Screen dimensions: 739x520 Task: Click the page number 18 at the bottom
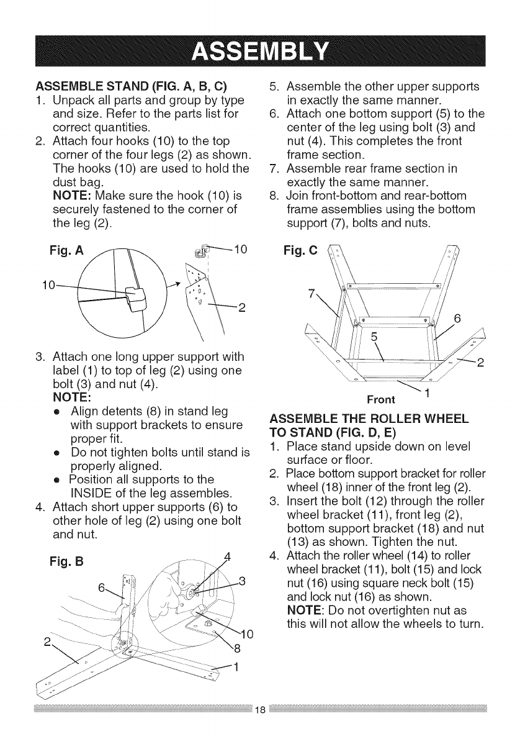(x=260, y=725)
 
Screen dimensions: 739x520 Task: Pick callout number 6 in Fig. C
(x=457, y=319)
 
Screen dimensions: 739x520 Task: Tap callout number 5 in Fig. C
(x=374, y=339)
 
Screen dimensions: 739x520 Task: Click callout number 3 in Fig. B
(x=244, y=582)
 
